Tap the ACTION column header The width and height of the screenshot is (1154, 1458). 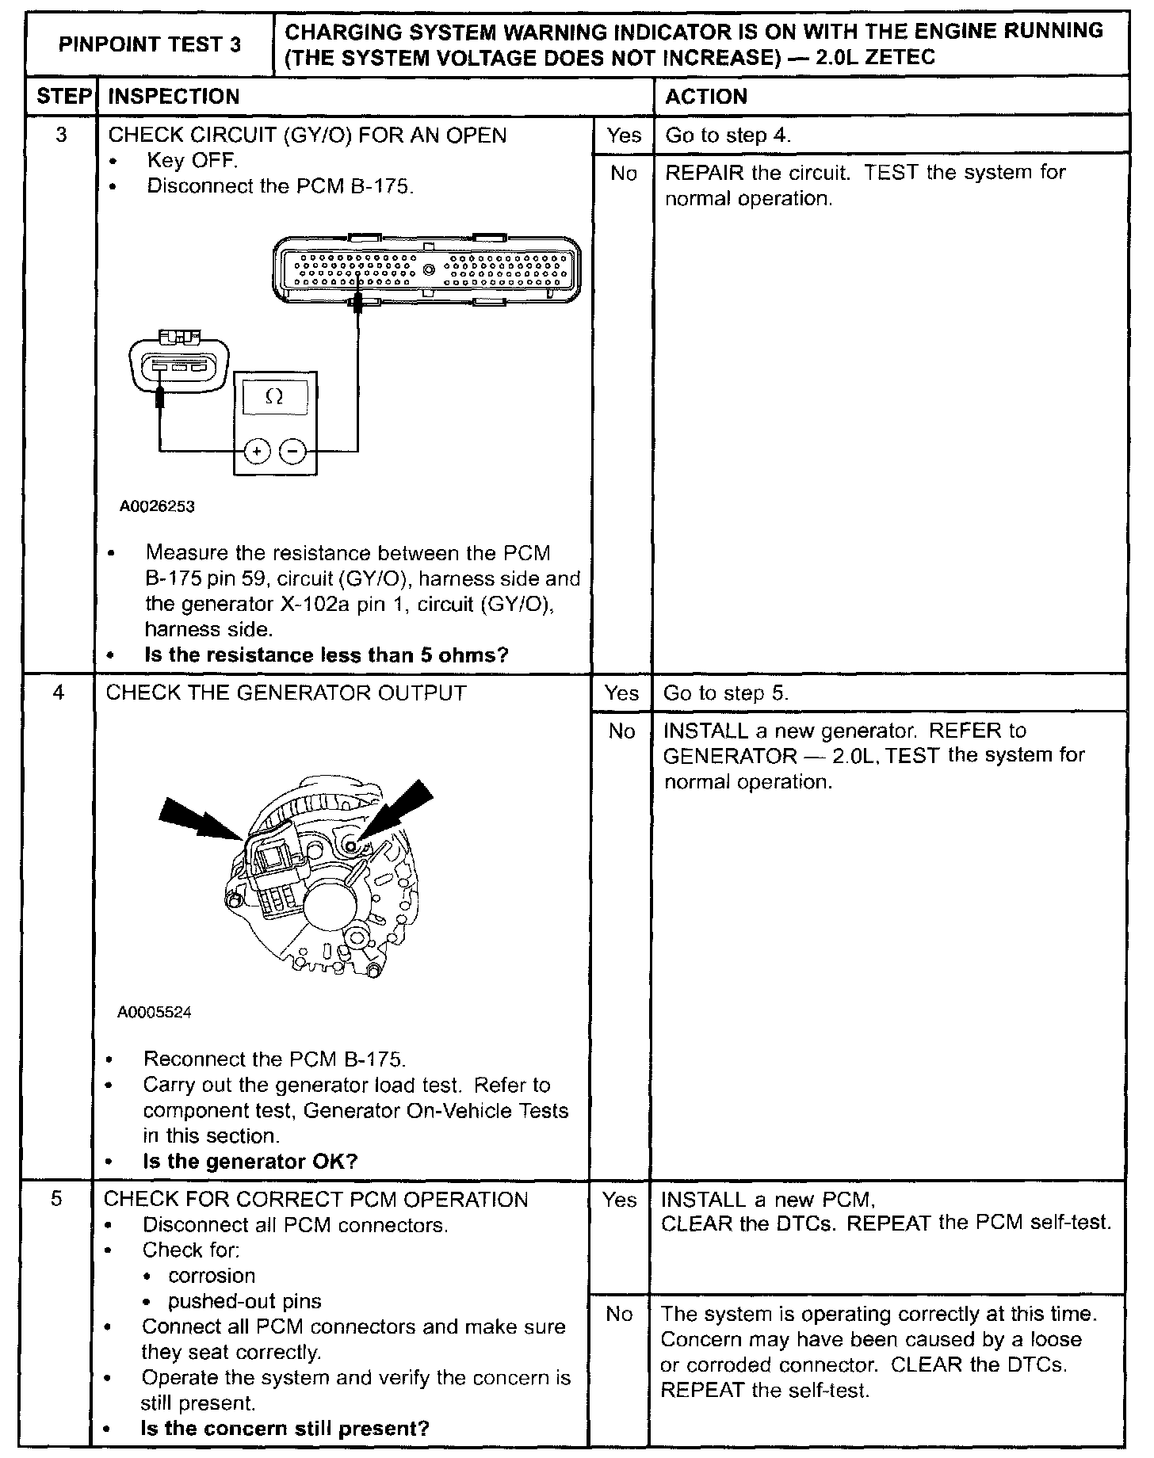click(706, 97)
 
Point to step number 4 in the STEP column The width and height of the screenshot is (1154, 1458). click(59, 693)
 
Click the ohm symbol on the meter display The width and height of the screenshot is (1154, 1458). click(274, 397)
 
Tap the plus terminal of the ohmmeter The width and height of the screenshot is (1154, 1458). click(256, 452)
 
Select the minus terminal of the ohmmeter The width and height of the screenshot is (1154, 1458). click(293, 452)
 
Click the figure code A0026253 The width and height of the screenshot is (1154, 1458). click(157, 506)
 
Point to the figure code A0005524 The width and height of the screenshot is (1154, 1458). click(155, 1013)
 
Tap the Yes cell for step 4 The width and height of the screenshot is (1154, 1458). click(621, 693)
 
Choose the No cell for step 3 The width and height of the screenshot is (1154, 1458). click(623, 174)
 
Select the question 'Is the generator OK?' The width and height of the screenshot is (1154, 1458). click(250, 1162)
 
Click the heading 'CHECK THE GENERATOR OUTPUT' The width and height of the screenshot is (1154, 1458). click(286, 693)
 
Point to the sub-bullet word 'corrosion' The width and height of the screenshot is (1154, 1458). click(212, 1276)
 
